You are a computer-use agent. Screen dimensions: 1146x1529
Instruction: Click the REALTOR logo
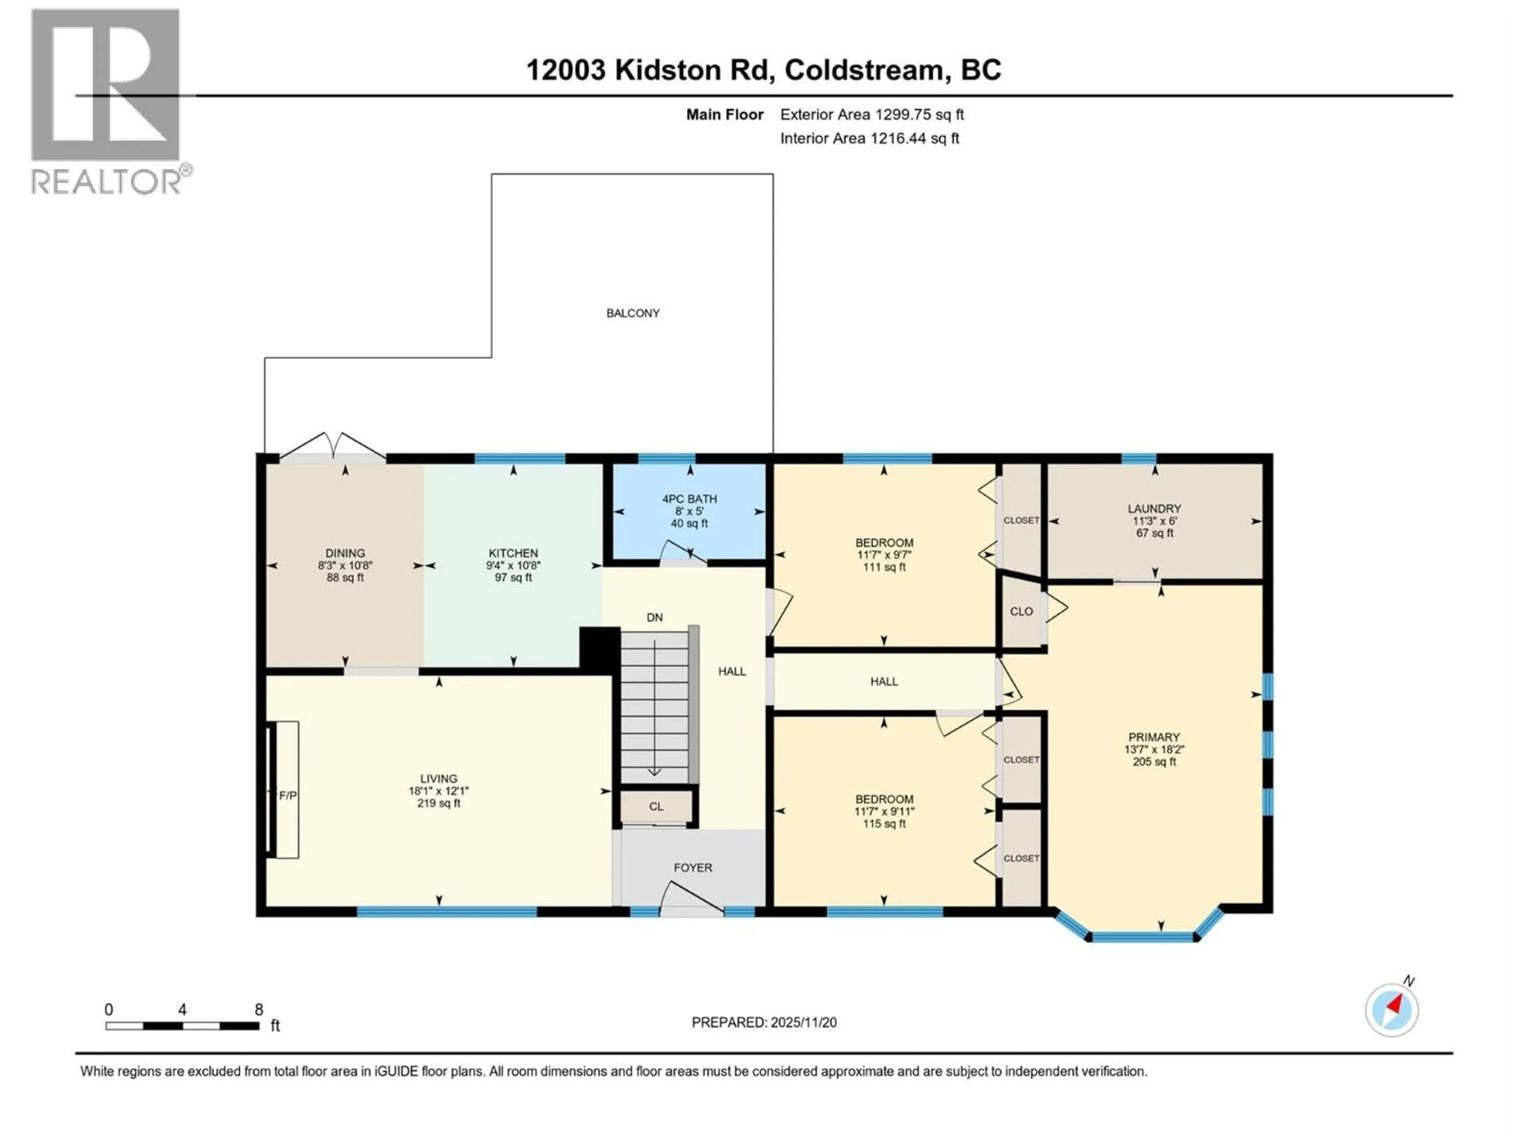click(x=107, y=100)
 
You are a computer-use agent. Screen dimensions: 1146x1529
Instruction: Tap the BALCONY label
click(x=632, y=313)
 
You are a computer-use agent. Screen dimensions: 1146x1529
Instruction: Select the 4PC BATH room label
click(x=689, y=499)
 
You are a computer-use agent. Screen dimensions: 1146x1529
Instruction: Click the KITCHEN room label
click(x=513, y=554)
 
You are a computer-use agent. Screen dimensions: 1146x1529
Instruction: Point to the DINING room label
click(x=345, y=554)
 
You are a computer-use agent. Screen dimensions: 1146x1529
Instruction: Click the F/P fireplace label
click(x=287, y=796)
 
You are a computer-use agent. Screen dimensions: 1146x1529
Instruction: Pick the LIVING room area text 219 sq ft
click(x=438, y=803)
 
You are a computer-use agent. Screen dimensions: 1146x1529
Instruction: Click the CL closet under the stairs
click(x=656, y=806)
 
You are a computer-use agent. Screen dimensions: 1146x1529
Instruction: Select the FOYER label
click(x=692, y=867)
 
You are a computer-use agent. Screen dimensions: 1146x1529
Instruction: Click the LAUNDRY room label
click(x=1154, y=509)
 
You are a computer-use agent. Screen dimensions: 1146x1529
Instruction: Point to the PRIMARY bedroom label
click(x=1154, y=737)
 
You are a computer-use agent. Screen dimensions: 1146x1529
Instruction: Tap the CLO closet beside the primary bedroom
click(x=1021, y=611)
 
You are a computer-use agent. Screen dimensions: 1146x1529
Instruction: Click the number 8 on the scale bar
click(x=258, y=1010)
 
